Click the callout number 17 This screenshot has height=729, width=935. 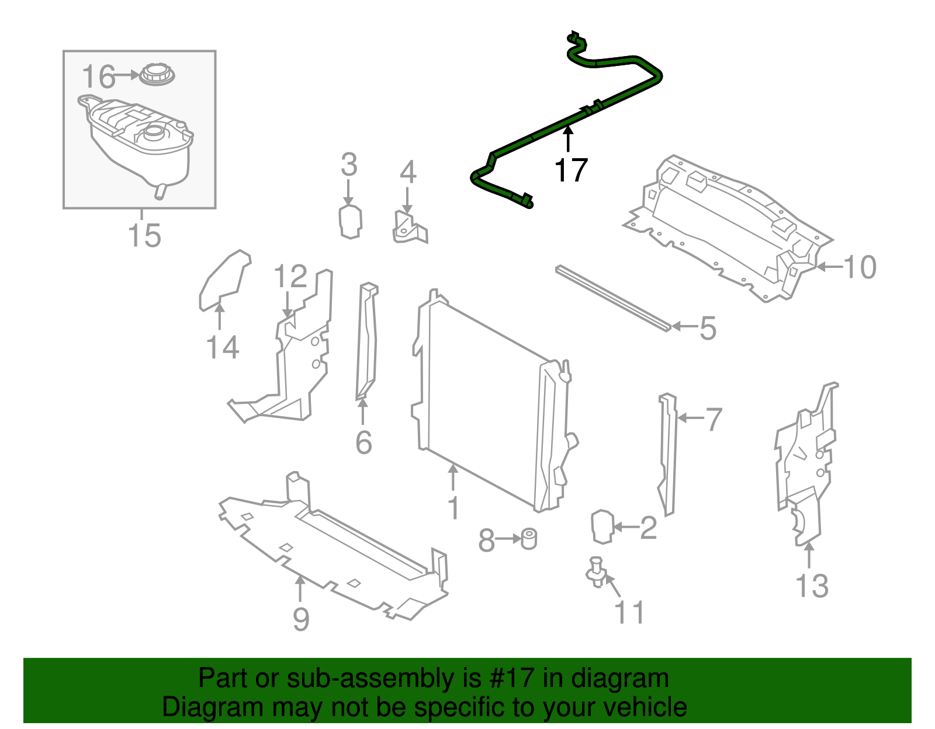pyautogui.click(x=570, y=170)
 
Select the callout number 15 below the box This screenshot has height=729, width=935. pyautogui.click(x=144, y=235)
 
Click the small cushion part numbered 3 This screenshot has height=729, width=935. pyautogui.click(x=351, y=222)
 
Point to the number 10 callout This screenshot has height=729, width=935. pyautogui.click(x=860, y=267)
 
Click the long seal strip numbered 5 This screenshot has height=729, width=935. pyautogui.click(x=614, y=298)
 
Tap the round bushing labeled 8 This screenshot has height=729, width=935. pyautogui.click(x=529, y=539)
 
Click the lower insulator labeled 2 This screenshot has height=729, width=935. pyautogui.click(x=602, y=526)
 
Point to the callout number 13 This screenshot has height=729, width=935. pyautogui.click(x=812, y=586)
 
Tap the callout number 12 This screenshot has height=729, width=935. pyautogui.click(x=290, y=276)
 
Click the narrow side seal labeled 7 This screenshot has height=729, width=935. pyautogui.click(x=668, y=452)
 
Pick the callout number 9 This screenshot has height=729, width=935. pyautogui.click(x=300, y=619)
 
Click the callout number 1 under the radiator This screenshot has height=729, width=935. pyautogui.click(x=453, y=508)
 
